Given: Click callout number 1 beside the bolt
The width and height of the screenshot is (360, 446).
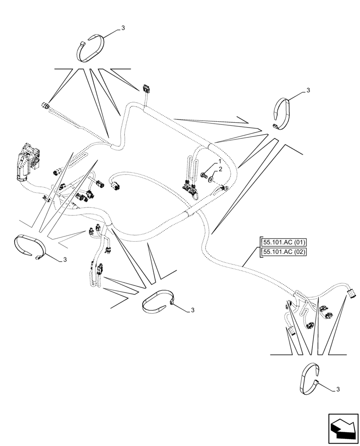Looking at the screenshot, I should pos(220,161).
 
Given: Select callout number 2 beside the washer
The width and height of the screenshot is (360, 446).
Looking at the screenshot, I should pos(220,170).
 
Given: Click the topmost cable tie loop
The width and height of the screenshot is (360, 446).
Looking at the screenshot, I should pos(92,49).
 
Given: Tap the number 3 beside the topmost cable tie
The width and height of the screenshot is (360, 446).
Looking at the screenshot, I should pos(123,28).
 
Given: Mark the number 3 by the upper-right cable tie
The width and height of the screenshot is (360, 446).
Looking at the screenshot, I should pos(308,91).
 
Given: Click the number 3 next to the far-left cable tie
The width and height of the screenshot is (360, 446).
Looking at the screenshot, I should pos(65,260).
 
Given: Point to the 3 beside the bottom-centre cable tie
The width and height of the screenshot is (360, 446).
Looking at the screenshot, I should pos(192,310).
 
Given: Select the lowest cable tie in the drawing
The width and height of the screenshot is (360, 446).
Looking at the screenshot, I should pos(311,379).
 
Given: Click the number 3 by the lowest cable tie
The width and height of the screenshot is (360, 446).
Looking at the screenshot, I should pos(337,390).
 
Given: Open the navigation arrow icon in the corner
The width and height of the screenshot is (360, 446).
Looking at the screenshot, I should pos(343,429).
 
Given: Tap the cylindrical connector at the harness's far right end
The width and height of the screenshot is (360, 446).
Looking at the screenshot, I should pos(352,293).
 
